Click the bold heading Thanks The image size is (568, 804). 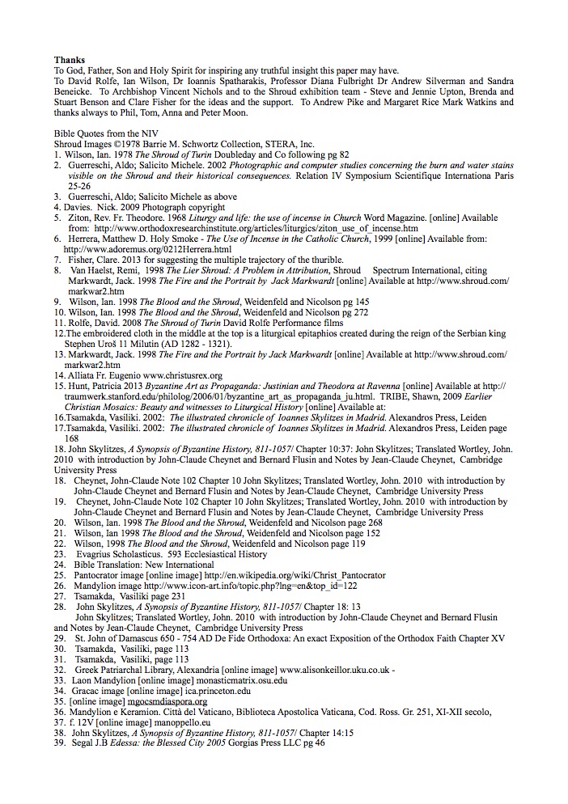click(x=69, y=60)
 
